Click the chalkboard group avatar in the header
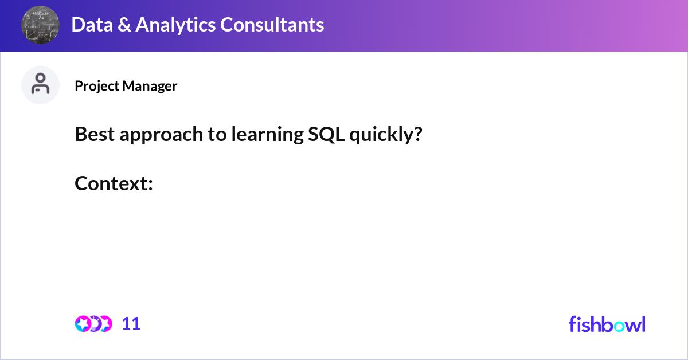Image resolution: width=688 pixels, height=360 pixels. tap(40, 25)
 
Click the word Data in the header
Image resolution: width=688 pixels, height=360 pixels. tap(92, 25)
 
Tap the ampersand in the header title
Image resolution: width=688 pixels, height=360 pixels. tap(124, 25)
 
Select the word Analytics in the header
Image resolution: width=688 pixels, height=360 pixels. tap(175, 25)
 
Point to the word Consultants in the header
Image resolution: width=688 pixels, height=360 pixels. tap(272, 25)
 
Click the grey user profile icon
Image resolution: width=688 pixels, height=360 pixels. tap(40, 85)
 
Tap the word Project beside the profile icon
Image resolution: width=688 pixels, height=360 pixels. tap(97, 87)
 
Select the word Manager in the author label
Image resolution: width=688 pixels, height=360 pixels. tap(150, 87)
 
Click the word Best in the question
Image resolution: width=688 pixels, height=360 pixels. tap(95, 134)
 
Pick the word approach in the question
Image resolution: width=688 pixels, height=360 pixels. tap(161, 135)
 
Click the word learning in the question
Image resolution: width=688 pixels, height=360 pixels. tap(268, 135)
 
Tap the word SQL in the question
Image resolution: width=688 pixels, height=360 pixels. tap(326, 135)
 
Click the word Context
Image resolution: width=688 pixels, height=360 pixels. tap(114, 183)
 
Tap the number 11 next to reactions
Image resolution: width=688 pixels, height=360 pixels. tap(131, 324)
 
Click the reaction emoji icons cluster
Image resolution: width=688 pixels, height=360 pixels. tap(93, 324)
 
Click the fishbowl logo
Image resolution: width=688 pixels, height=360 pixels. tap(607, 324)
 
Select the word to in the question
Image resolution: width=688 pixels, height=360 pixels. tap(217, 135)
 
